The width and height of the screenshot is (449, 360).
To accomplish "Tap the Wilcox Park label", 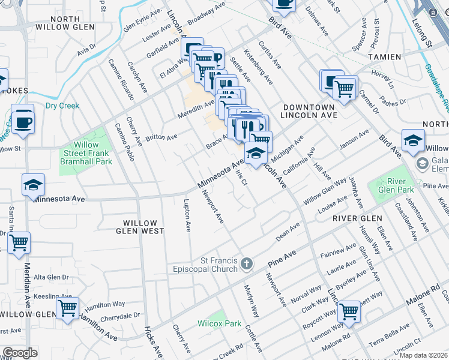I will point(220,323).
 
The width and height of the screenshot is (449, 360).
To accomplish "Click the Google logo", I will point(20,353).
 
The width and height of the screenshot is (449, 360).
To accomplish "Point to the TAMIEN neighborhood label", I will point(384,56).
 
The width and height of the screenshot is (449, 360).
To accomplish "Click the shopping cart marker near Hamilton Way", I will point(68,308).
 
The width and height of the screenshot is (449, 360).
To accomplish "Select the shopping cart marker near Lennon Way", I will point(349,312).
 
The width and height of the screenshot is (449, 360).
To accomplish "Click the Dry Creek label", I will point(62,106).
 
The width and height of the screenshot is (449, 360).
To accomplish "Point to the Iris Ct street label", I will point(241,177).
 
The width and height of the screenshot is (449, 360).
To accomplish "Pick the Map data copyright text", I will point(423,355).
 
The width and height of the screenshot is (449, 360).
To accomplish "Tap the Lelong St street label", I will point(422,33).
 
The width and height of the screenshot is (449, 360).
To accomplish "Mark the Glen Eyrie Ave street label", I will point(143,20).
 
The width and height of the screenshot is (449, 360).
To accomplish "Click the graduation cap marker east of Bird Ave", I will point(413,140).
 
